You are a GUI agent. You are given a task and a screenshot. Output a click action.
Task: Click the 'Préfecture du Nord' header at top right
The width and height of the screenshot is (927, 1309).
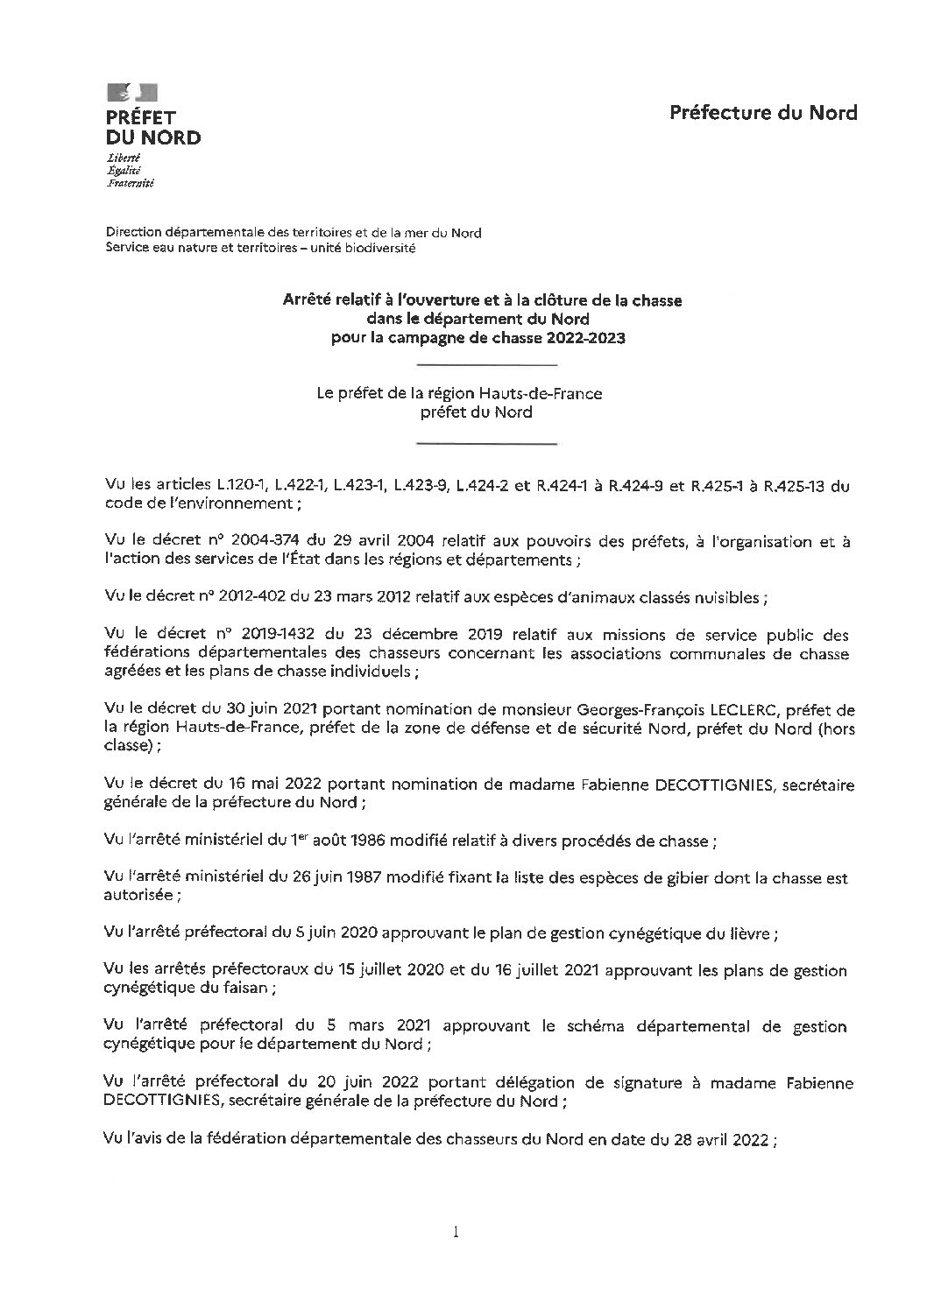(763, 112)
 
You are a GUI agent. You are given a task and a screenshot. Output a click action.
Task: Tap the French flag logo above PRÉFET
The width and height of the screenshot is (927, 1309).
(131, 92)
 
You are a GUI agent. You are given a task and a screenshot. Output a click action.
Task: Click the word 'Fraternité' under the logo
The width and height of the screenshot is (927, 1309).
(129, 186)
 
